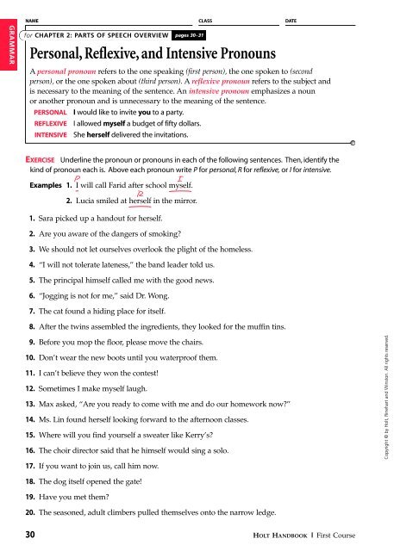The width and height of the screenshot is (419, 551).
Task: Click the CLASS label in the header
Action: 205,18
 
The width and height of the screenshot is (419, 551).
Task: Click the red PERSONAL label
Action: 49,113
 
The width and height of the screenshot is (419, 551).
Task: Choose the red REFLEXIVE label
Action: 49,124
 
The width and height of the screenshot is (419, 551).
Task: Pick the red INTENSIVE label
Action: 49,135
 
